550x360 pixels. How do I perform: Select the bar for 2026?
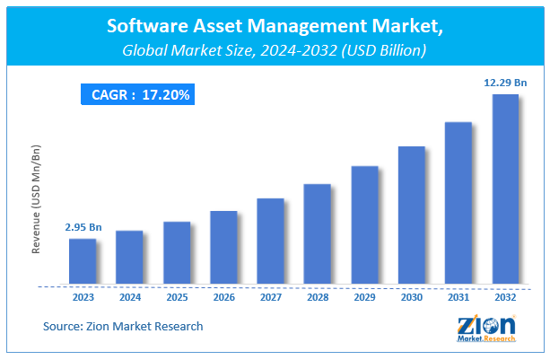coord(223,249)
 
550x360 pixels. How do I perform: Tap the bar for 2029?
coord(364,226)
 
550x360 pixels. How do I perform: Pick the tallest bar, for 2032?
coord(505,190)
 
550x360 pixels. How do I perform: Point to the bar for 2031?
coord(458,204)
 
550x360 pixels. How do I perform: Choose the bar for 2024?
coord(129,259)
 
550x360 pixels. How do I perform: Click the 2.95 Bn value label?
coord(83,228)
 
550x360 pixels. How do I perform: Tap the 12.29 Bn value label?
coord(505,83)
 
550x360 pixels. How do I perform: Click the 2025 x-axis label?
coord(177,297)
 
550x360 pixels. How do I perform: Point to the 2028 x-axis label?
coord(318,297)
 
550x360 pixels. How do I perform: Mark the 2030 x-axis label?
coord(412,297)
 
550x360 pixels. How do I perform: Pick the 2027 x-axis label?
coord(270,297)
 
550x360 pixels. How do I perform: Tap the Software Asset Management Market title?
coord(275,27)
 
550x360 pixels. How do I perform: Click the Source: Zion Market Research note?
coord(122,326)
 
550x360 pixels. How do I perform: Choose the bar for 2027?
coord(270,242)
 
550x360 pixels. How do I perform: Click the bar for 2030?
coord(412,216)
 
